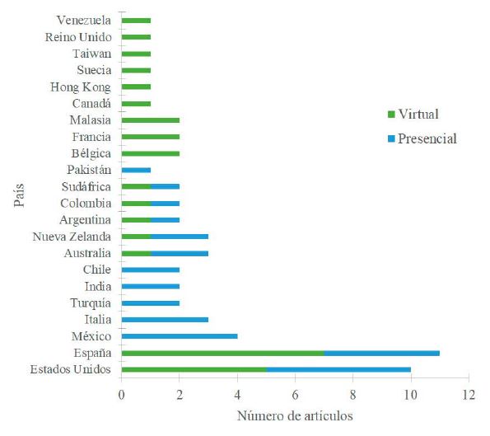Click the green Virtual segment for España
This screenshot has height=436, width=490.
pyautogui.click(x=222, y=353)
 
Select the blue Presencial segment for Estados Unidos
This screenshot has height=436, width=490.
pyautogui.click(x=338, y=369)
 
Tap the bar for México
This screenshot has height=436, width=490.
pyautogui.click(x=179, y=335)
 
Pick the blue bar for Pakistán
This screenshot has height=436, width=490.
pyautogui.click(x=136, y=169)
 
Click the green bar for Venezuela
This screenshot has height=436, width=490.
pyautogui.click(x=136, y=20)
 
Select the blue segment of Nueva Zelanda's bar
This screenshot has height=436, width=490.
pyautogui.click(x=179, y=236)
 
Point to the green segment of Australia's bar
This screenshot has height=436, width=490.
pyautogui.click(x=136, y=252)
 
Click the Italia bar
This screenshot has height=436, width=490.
pyautogui.click(x=165, y=319)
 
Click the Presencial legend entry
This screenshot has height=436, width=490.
pyautogui.click(x=425, y=138)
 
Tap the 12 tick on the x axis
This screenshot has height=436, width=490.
pyautogui.click(x=468, y=393)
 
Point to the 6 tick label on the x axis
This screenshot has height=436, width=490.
pyautogui.click(x=295, y=393)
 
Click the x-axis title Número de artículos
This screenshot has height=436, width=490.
pyautogui.click(x=295, y=416)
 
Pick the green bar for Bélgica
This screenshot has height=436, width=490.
pyautogui.click(x=150, y=152)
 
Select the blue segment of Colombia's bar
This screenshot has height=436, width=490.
pyautogui.click(x=165, y=203)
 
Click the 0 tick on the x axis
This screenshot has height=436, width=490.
pyautogui.click(x=121, y=393)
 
